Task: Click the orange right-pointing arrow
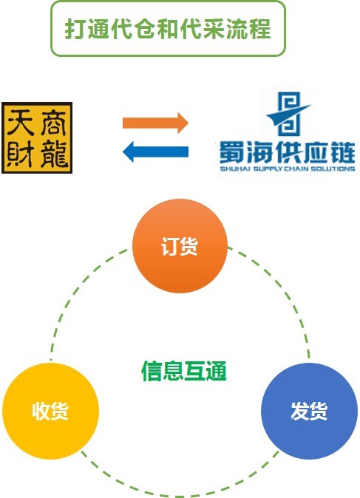point(155,123)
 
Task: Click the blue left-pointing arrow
point(155,151)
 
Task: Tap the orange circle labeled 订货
point(180,246)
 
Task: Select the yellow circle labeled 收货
point(50,411)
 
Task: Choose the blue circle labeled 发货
point(309,411)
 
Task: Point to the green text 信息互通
point(184,371)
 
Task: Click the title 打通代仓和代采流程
point(168,29)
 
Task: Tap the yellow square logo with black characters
point(37,138)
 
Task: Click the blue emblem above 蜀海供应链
point(288,114)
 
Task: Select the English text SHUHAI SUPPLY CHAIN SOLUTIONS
point(288,168)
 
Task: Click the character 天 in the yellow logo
point(20,122)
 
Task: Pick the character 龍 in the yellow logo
point(53,154)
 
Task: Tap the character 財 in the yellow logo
point(20,154)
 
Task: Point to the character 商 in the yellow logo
point(53,122)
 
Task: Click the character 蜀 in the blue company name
point(233,152)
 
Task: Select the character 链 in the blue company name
point(342,152)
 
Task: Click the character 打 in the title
point(76,29)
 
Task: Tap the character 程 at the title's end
point(260,29)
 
